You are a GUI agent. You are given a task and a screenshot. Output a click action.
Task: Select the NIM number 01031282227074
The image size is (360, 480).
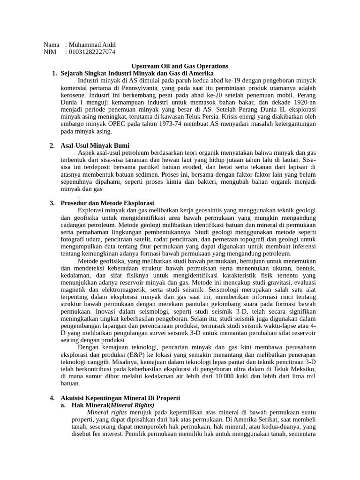(x=92, y=52)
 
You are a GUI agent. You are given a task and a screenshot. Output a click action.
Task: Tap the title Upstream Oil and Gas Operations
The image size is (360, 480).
(x=180, y=67)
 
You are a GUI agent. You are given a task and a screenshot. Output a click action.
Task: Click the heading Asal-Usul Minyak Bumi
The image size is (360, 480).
(x=95, y=146)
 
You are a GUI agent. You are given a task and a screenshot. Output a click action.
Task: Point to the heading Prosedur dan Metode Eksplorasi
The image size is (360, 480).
(x=107, y=203)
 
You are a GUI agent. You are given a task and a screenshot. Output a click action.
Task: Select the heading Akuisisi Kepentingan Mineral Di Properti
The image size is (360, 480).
(x=120, y=398)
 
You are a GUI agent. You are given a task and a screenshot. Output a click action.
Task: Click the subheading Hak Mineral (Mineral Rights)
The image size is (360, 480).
(x=112, y=405)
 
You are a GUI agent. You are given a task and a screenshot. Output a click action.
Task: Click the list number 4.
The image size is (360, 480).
(x=52, y=398)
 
